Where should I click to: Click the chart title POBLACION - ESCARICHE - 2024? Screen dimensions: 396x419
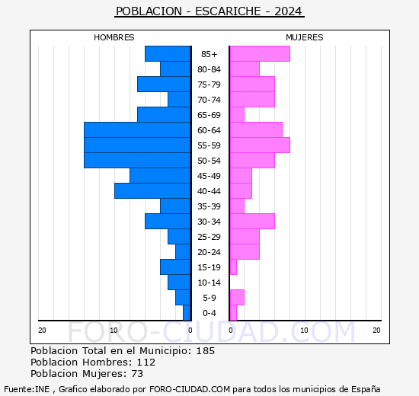[209, 11]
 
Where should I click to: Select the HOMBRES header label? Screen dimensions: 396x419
[114, 37]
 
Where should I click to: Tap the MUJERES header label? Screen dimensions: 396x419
[304, 37]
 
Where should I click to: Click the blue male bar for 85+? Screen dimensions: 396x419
[168, 54]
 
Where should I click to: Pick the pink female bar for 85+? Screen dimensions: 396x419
[259, 54]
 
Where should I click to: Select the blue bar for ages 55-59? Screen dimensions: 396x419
[137, 145]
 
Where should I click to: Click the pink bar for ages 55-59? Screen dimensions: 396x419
[259, 145]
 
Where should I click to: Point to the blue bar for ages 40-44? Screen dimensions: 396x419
[152, 191]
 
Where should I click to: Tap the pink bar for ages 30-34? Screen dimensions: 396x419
[251, 222]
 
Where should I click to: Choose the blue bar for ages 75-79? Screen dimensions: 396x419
[164, 85]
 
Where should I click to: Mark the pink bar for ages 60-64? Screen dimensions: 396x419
[255, 130]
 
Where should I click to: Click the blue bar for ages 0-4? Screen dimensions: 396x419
[187, 313]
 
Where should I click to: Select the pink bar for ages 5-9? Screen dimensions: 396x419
[236, 298]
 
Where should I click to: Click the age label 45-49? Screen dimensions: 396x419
[209, 176]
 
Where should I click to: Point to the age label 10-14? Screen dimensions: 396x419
[209, 283]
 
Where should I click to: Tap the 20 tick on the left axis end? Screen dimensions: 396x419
[42, 330]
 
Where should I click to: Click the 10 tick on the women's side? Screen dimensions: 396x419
[303, 330]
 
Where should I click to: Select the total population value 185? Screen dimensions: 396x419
[205, 351]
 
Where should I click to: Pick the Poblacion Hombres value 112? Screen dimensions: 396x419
[145, 362]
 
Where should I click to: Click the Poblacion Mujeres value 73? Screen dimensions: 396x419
[137, 374]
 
